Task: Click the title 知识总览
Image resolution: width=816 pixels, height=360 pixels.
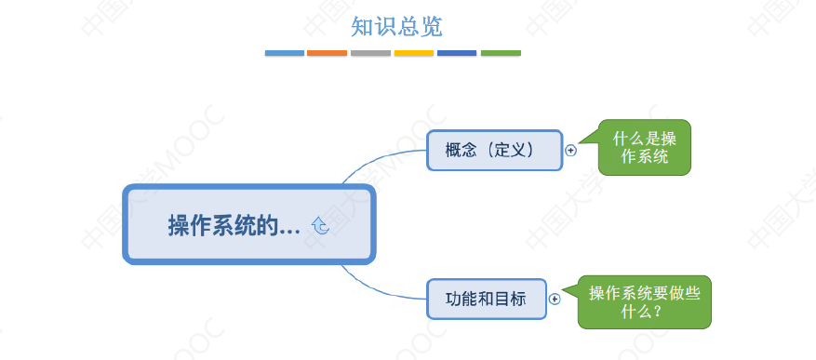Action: (390, 26)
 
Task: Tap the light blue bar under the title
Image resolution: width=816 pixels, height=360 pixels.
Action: (285, 53)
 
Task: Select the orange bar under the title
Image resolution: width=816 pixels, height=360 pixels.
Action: (328, 53)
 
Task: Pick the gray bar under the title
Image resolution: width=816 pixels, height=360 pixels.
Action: (370, 53)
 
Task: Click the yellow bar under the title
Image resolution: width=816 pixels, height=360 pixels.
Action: (414, 53)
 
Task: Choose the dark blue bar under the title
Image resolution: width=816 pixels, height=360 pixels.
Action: (457, 53)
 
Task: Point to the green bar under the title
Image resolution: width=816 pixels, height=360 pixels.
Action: (501, 53)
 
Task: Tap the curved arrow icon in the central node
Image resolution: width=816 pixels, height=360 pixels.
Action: (321, 225)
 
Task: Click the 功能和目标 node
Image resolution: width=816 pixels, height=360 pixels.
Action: (486, 299)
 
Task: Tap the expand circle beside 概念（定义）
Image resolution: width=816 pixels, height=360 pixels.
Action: (571, 150)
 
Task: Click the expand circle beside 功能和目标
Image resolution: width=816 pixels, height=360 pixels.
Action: (555, 299)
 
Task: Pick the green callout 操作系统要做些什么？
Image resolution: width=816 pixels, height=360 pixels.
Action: (644, 301)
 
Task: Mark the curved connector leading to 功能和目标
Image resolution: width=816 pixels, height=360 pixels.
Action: (372, 287)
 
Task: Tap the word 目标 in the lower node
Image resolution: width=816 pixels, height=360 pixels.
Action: (510, 299)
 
